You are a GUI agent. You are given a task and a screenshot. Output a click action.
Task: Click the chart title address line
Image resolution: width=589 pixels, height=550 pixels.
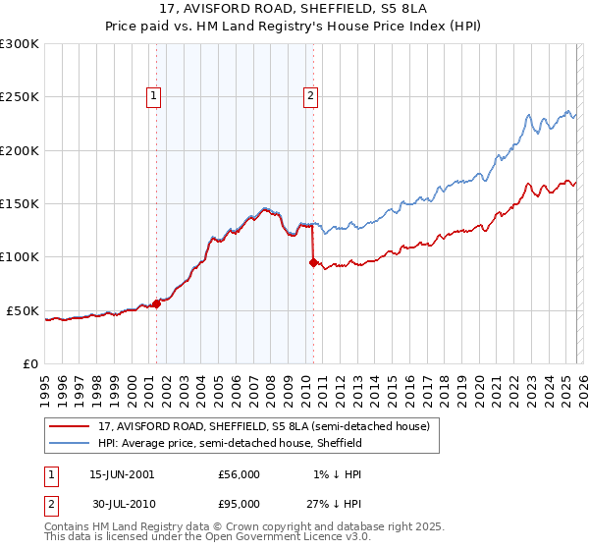tap(294, 9)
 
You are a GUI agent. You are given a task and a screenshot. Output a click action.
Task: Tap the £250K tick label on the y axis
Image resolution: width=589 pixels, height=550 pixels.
tap(20, 97)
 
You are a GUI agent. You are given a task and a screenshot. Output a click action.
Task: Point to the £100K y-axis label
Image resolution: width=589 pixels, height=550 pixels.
tap(20, 257)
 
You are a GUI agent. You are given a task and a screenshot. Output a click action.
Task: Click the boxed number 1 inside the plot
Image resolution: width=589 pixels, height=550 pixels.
tap(155, 95)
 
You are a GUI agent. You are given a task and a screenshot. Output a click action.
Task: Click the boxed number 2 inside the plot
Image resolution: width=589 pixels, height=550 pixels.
tap(310, 95)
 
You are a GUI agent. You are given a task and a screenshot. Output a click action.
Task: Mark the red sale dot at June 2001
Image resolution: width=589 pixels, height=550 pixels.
tap(156, 304)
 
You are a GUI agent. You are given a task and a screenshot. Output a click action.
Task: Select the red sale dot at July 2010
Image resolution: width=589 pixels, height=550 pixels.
tap(313, 262)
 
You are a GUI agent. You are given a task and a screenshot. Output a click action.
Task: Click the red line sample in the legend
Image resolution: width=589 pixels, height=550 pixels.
tap(70, 427)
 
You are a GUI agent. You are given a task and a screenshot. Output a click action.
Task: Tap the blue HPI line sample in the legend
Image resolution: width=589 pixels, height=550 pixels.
tap(70, 444)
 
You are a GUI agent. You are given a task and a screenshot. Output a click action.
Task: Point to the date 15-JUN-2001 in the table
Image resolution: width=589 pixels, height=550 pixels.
tap(122, 473)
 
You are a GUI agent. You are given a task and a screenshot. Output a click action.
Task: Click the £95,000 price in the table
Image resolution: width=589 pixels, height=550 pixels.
tap(239, 503)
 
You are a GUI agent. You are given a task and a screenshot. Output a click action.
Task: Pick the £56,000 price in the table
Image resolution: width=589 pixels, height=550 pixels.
tap(239, 473)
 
